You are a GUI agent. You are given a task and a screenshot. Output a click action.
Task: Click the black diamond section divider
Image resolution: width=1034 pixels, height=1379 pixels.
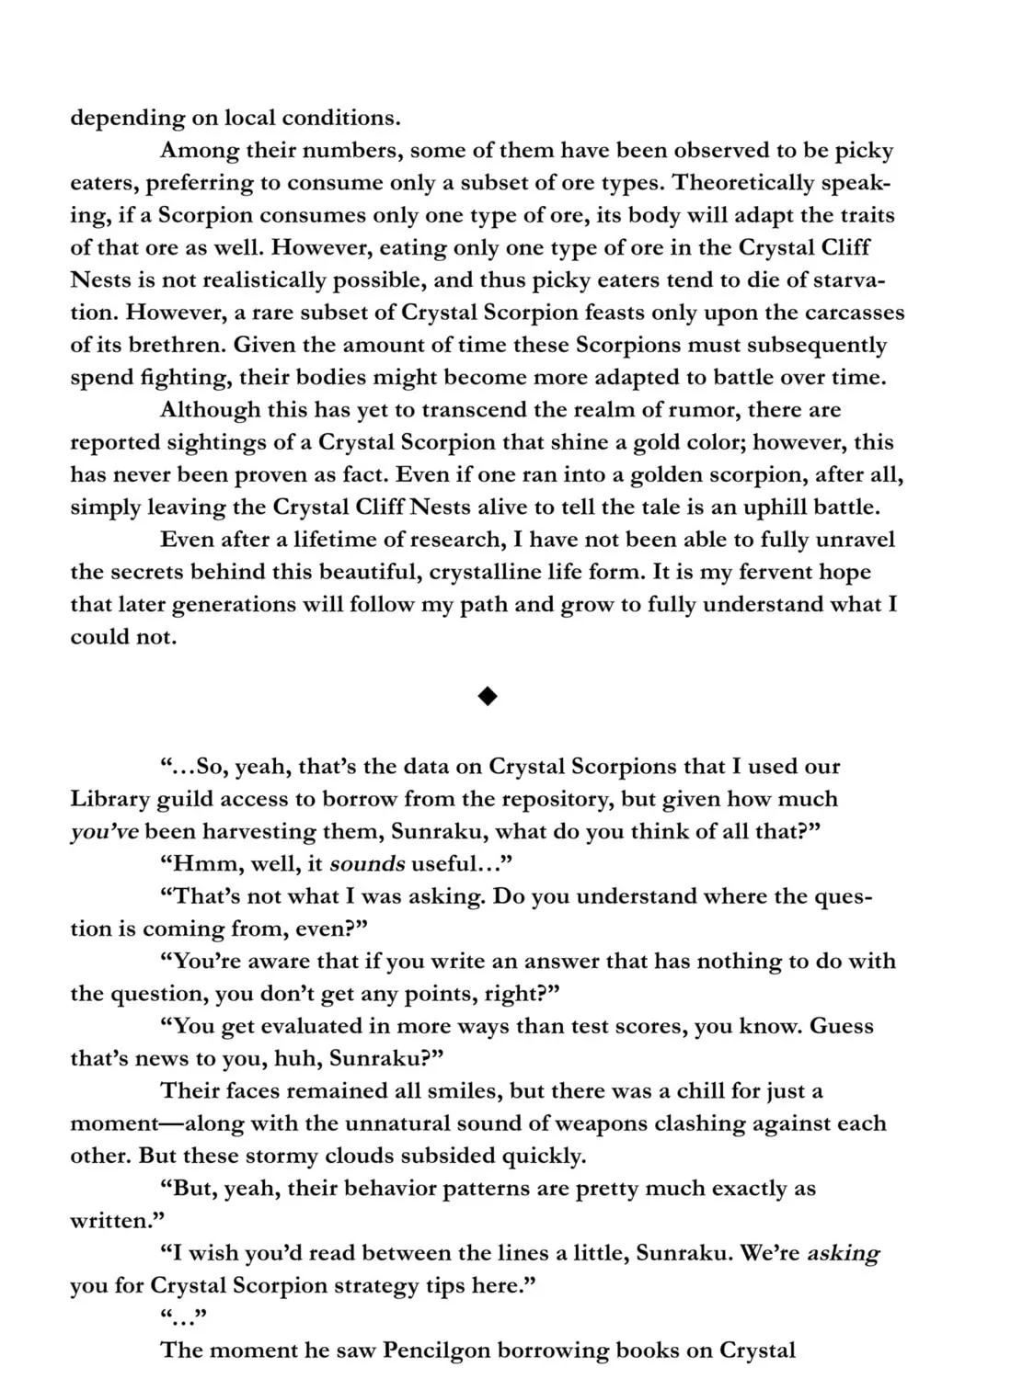tap(488, 697)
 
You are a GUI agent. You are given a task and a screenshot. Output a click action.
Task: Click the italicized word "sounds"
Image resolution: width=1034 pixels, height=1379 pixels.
tap(368, 864)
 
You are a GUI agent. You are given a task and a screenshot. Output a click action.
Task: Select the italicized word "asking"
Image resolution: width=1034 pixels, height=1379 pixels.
tap(844, 1253)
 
